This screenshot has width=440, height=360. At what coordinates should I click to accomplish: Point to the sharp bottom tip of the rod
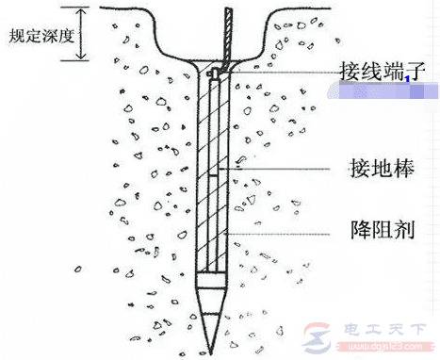coord(210,341)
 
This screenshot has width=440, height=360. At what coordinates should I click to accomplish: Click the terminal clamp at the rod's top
coord(216,72)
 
